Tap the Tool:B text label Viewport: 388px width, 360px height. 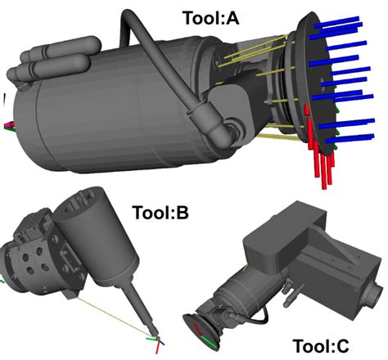tap(160, 213)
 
